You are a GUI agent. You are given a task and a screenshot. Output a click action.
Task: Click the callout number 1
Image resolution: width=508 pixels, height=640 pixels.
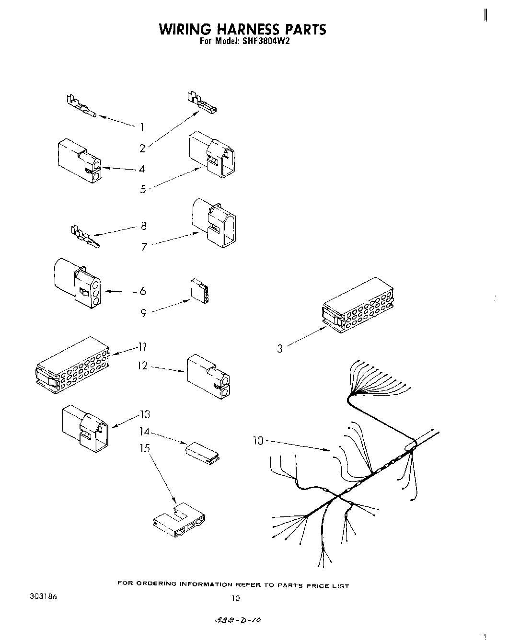(x=142, y=127)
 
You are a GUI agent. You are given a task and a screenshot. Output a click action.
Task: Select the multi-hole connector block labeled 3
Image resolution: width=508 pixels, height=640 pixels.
(x=358, y=310)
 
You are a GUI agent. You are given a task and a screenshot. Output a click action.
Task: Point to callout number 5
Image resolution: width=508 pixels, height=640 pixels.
(x=143, y=189)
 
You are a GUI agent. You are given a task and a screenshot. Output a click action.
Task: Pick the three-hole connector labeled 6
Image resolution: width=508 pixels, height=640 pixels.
(x=78, y=283)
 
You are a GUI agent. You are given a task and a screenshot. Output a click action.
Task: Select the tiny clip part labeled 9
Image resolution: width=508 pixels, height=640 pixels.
(x=199, y=291)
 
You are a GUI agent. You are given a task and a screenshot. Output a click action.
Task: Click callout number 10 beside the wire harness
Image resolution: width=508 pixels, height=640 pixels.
(x=258, y=441)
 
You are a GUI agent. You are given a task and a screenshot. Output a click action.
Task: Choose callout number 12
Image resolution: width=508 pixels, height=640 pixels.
(x=142, y=366)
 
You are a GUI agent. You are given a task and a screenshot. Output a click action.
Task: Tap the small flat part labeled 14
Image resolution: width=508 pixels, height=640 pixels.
(x=202, y=452)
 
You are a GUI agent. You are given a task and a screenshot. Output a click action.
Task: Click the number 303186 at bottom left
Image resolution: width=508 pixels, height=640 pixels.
(x=41, y=597)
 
